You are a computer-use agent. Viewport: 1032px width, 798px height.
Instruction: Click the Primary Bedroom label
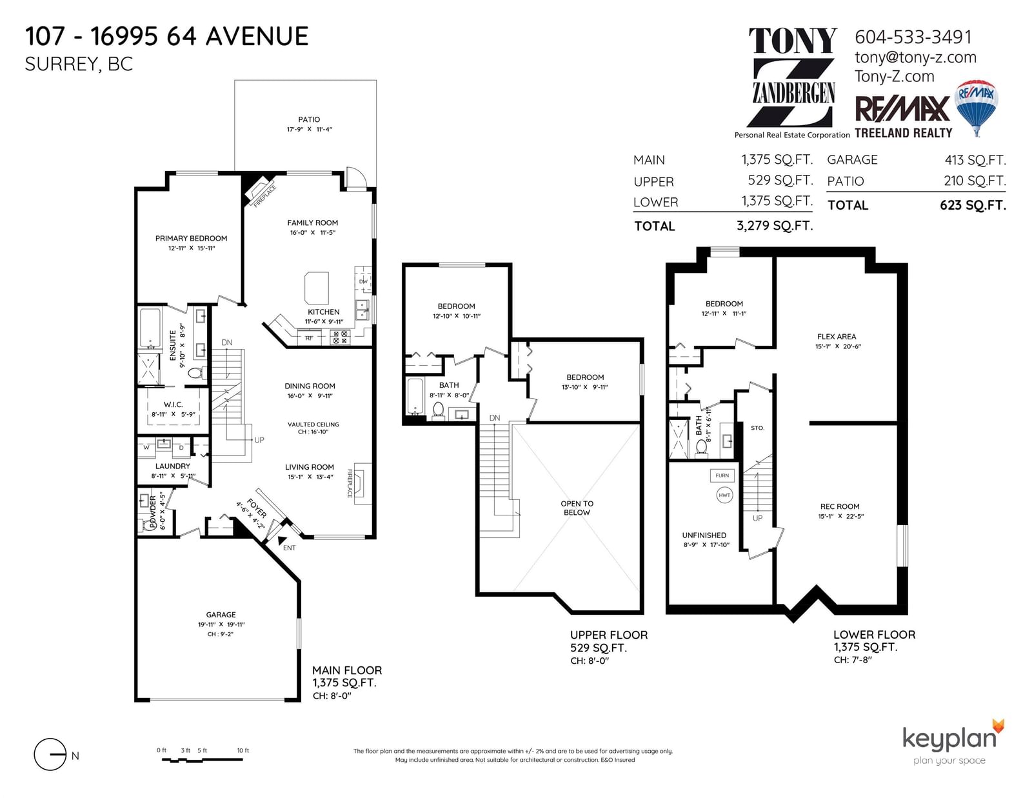coord(191,238)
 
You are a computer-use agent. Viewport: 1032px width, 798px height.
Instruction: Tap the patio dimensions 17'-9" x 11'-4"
coord(309,129)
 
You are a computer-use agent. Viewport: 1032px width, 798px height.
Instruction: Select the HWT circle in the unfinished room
coord(724,495)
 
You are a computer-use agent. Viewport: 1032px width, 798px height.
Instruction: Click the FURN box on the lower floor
coord(722,475)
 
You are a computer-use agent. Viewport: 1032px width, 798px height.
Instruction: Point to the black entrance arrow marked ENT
coord(282,540)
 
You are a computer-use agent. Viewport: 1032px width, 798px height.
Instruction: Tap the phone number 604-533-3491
coord(913,37)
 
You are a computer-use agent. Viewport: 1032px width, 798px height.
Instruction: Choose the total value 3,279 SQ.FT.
coord(775,226)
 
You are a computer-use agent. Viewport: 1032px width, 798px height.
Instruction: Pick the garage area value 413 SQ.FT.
coord(975,160)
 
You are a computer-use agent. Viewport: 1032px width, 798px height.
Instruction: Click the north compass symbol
coord(50,754)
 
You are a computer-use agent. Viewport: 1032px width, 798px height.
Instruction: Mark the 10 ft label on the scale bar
coord(243,750)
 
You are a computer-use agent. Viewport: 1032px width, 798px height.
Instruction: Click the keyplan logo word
coord(949,739)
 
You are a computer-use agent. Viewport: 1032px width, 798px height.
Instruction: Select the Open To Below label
coord(577,508)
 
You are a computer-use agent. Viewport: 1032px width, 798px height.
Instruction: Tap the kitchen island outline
coord(316,288)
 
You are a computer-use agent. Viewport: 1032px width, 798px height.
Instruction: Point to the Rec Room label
coord(839,506)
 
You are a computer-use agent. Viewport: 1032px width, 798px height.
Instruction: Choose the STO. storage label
coord(757,428)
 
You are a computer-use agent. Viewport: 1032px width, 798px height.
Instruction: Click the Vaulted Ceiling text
coord(313,424)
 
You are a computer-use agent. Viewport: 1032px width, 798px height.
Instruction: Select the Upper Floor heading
coord(609,635)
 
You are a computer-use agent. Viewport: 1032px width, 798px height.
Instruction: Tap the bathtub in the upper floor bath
coord(415,396)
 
